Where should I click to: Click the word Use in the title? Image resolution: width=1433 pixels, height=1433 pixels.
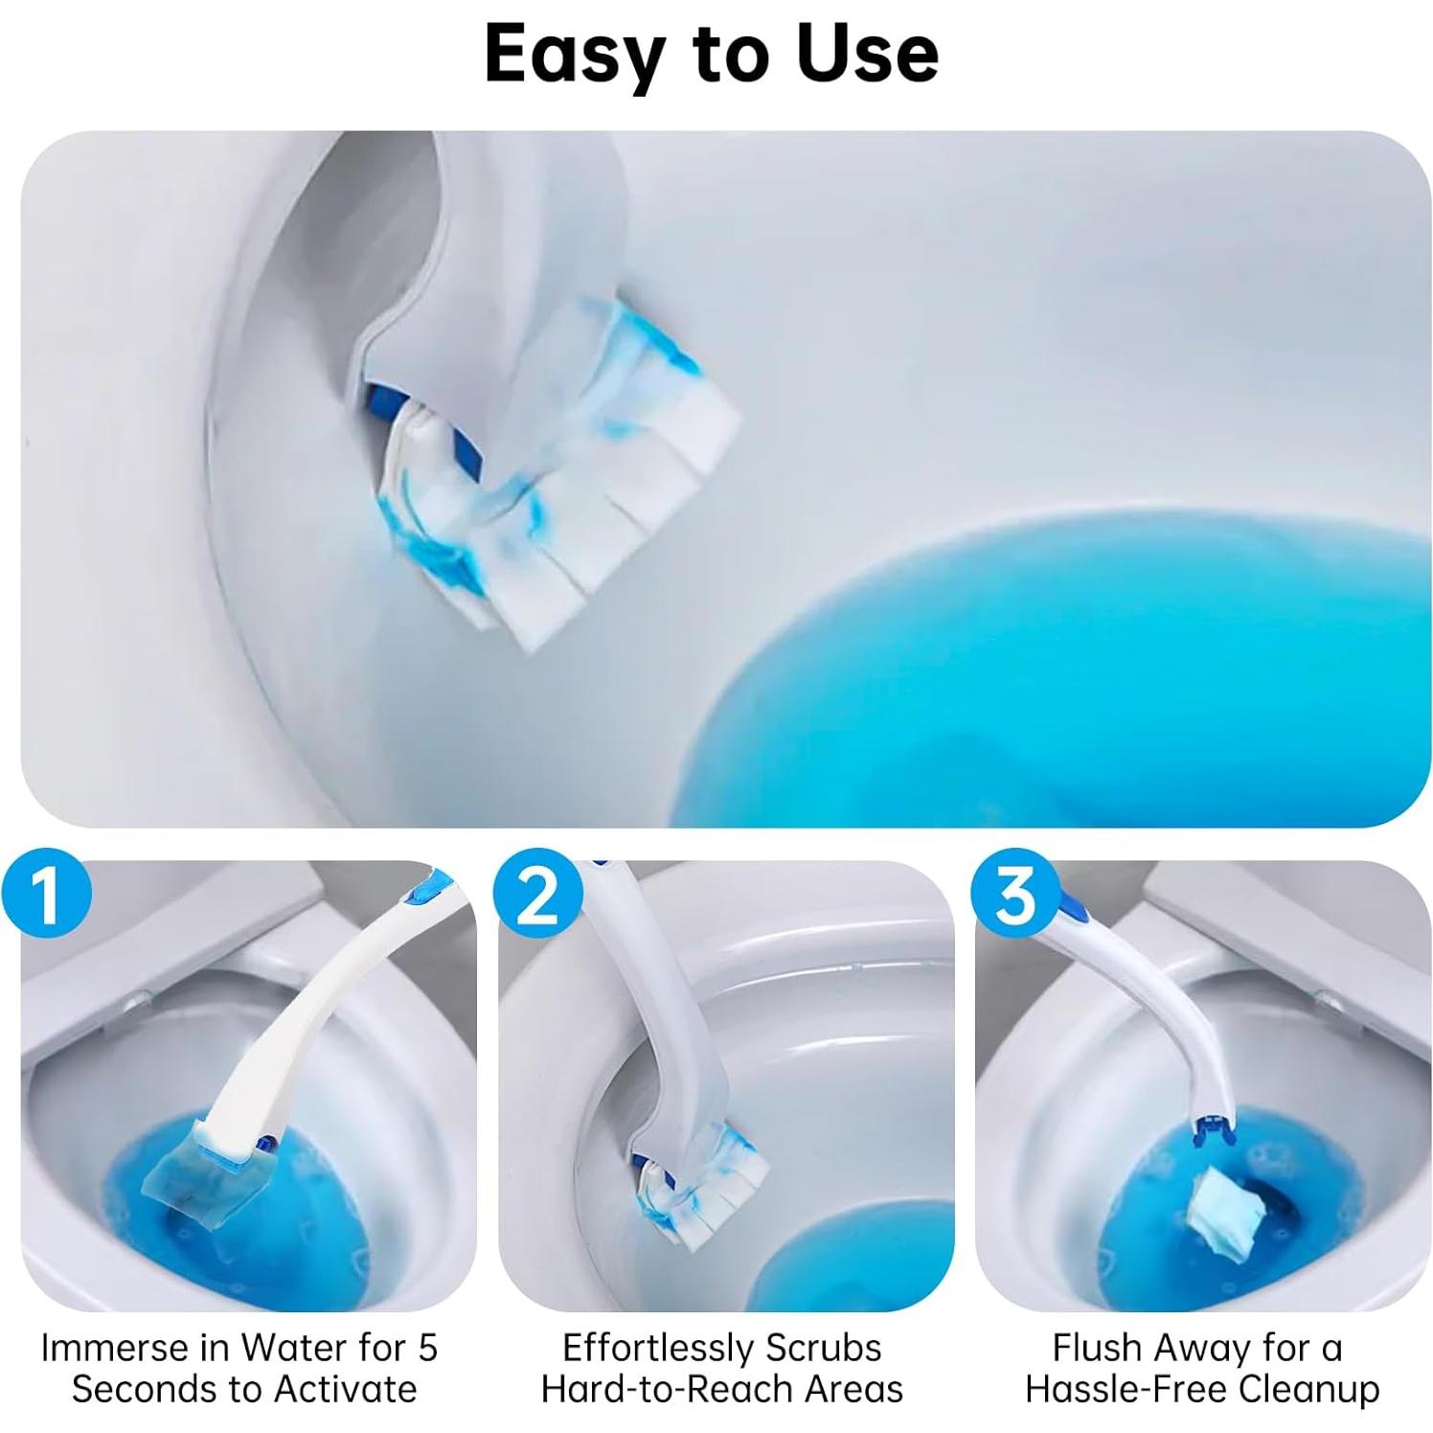pyautogui.click(x=868, y=54)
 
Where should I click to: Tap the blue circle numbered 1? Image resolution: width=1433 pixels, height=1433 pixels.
pyautogui.click(x=46, y=896)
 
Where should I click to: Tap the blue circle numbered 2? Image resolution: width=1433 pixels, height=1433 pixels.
pyautogui.click(x=538, y=896)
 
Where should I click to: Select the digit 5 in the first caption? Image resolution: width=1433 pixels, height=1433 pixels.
pyautogui.click(x=427, y=1348)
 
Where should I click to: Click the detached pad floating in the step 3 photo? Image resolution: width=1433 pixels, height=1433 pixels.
pyautogui.click(x=1225, y=1213)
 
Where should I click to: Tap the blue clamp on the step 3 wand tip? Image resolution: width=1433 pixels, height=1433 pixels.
pyautogui.click(x=1213, y=1130)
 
